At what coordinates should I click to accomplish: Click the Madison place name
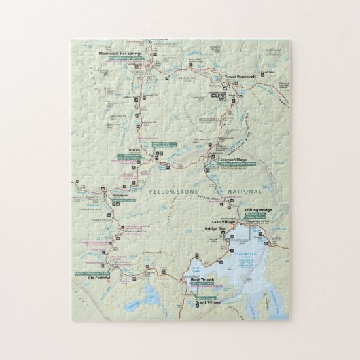coord(121,198)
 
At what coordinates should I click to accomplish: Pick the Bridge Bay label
coord(214,229)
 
